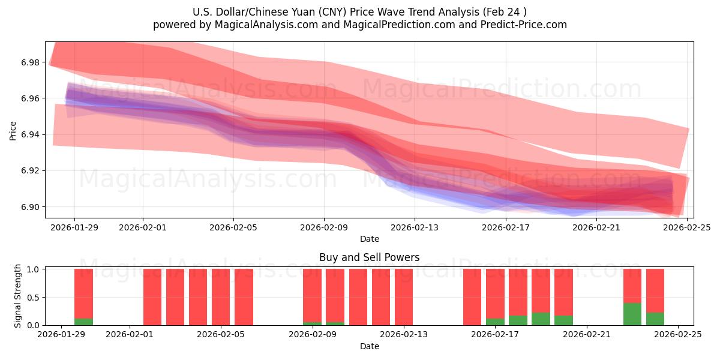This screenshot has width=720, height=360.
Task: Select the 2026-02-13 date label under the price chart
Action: tap(415, 227)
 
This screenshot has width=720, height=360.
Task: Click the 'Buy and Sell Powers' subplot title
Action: tap(369, 257)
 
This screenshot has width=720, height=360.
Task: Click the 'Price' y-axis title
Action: tap(13, 130)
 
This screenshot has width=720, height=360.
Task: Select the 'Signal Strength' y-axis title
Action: tap(18, 296)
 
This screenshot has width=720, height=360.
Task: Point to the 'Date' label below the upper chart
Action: tap(369, 239)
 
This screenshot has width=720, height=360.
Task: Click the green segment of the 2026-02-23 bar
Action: tap(632, 314)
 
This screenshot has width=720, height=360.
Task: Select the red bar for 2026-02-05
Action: tap(221, 297)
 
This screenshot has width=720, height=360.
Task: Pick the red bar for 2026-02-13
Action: tap(404, 297)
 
